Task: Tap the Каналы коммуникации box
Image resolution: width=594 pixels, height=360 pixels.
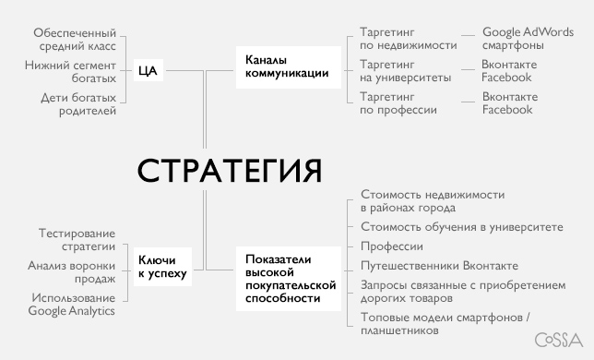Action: pyautogui.click(x=287, y=67)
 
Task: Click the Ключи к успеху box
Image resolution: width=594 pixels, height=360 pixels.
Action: pyautogui.click(x=161, y=267)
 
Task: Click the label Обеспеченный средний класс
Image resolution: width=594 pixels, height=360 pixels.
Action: pyautogui.click(x=77, y=38)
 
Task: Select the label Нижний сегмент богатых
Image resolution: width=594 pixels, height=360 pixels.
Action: pyautogui.click(x=73, y=72)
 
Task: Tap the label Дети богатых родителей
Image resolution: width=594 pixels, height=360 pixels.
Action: pyautogui.click(x=79, y=104)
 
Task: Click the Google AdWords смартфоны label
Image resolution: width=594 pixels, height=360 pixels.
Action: pyautogui.click(x=528, y=38)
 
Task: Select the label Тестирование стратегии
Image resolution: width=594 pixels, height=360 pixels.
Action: pyautogui.click(x=77, y=240)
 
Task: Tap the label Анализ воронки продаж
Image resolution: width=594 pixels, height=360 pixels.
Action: pyautogui.click(x=73, y=272)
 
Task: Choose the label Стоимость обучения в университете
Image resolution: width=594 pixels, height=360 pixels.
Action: pyautogui.click(x=461, y=228)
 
